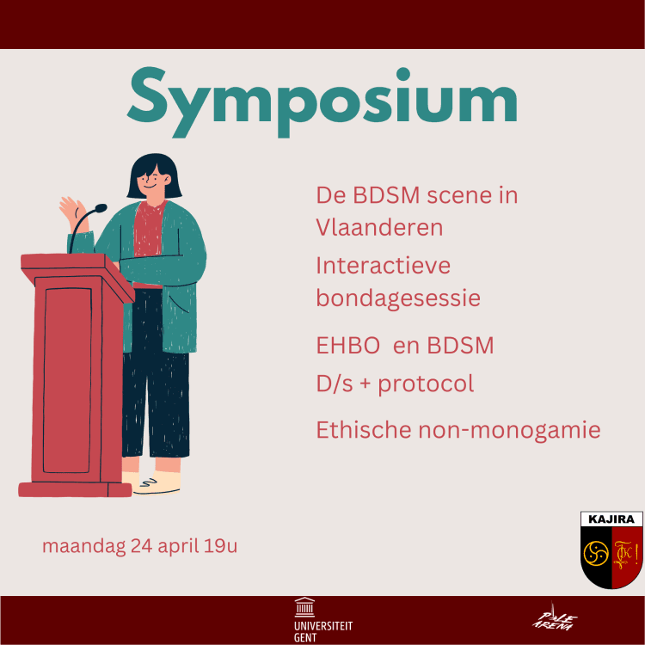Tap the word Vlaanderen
click(x=379, y=227)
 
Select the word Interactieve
click(x=383, y=265)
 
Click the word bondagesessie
click(x=398, y=298)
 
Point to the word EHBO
click(x=347, y=346)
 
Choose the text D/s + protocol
click(x=395, y=383)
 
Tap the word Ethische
click(x=359, y=429)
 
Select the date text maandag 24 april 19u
click(x=139, y=545)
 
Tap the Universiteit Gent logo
click(x=322, y=619)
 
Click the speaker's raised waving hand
click(x=71, y=209)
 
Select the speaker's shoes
click(x=155, y=483)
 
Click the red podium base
click(x=75, y=489)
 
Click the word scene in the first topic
click(x=466, y=195)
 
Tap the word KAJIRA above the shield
click(x=611, y=519)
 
